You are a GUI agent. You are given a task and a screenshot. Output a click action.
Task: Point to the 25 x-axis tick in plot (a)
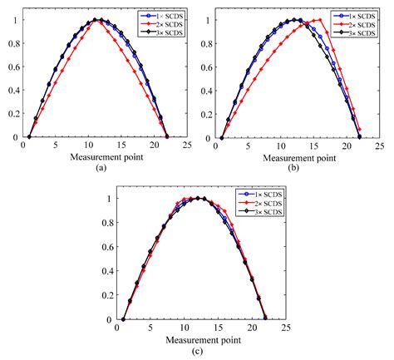pyautogui.click(x=189, y=145)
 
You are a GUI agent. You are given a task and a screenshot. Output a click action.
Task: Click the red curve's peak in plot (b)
pyautogui.click(x=319, y=19)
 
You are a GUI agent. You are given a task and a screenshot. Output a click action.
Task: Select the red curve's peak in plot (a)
pyautogui.click(x=98, y=20)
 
